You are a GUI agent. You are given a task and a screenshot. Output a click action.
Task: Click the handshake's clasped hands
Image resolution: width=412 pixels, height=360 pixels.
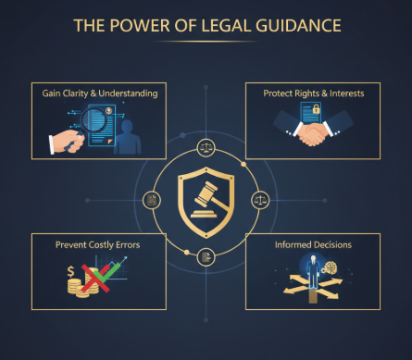314,136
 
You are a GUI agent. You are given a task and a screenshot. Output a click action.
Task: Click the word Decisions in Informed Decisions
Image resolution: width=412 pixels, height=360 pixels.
336,246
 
